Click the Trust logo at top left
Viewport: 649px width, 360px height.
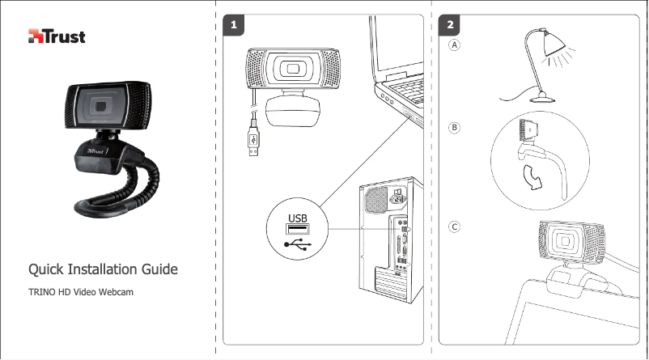(x=57, y=36)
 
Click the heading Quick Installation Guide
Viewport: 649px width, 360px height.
(x=103, y=269)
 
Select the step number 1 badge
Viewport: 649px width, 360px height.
(x=234, y=26)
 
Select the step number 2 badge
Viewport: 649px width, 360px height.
(x=449, y=26)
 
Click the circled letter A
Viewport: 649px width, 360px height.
(x=456, y=46)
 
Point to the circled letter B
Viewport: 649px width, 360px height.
(x=456, y=128)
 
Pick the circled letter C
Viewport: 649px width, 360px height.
(x=456, y=227)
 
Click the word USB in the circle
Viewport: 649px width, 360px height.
(x=298, y=218)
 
